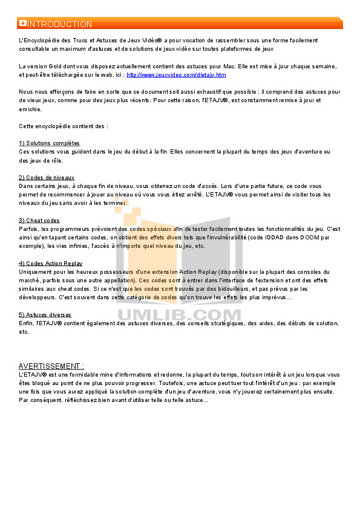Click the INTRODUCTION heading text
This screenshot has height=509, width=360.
coord(60,24)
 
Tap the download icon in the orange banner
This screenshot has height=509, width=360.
coord(23,23)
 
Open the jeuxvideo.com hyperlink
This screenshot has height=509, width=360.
coord(176,75)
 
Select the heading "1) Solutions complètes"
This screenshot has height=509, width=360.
coord(49,143)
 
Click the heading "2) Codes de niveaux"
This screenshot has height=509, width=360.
coord(47,178)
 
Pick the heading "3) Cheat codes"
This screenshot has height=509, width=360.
coord(39,221)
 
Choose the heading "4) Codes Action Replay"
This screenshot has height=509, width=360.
coord(50,263)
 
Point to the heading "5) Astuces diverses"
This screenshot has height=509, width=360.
coord(45,314)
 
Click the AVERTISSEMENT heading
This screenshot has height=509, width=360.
coord(51,366)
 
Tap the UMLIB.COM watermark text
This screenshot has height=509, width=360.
coord(179,315)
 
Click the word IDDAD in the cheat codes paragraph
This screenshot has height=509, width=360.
coord(274,238)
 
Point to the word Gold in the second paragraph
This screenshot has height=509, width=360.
coord(55,66)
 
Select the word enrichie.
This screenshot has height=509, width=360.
coord(30,109)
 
